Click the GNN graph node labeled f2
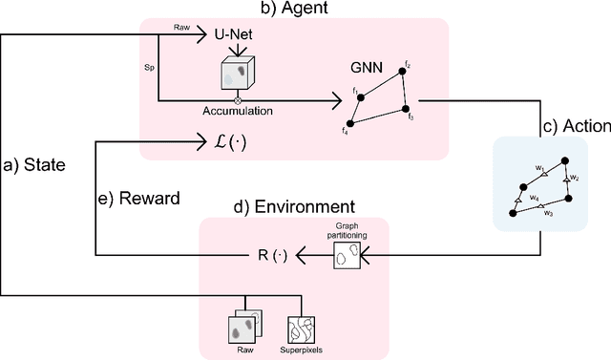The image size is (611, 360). (x=404, y=74)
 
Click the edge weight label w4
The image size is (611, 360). (x=535, y=200)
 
